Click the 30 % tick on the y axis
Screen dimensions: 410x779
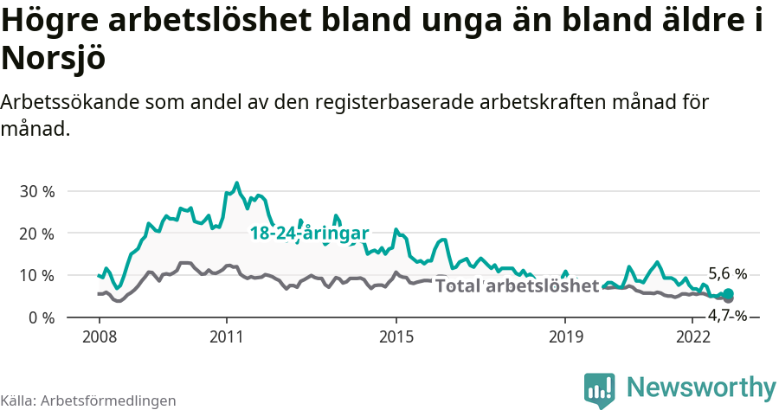36,191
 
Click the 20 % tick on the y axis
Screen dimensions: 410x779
36,234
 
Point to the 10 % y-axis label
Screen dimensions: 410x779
36,275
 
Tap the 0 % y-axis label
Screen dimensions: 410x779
41,317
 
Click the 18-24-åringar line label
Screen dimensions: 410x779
309,234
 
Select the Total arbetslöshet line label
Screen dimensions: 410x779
517,286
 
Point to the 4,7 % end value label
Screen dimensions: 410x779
727,315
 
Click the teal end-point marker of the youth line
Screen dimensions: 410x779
729,294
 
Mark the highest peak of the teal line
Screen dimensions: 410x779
236,183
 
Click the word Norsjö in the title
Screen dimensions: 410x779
54,58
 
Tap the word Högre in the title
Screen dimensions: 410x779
51,21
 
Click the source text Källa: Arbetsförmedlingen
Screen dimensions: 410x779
88,400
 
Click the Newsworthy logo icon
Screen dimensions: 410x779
599,389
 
